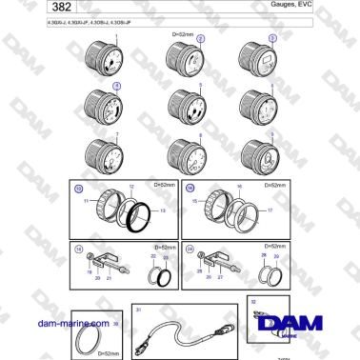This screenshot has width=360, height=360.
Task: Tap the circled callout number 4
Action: (117, 86)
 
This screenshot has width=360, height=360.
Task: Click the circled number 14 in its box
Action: (190, 189)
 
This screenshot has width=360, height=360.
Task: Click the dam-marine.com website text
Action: (42, 323)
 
